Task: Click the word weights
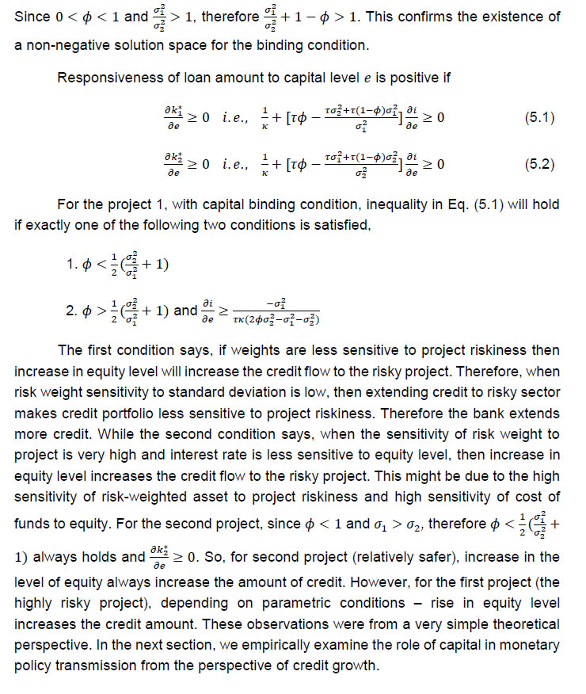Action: tap(256, 350)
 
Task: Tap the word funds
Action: tap(32, 524)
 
